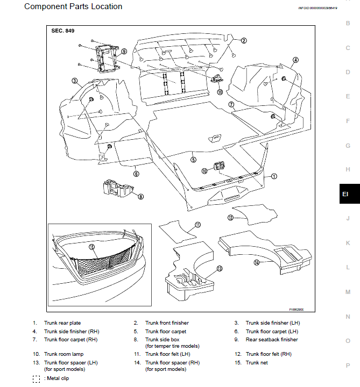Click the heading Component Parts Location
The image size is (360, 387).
(x=73, y=7)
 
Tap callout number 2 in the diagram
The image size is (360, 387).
(x=243, y=40)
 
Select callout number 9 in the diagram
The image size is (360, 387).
(x=124, y=52)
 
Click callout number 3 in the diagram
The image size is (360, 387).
(x=74, y=81)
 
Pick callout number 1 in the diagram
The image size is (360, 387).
(x=273, y=176)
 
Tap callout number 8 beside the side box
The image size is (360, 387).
(x=141, y=197)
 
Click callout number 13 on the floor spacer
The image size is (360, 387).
(x=219, y=268)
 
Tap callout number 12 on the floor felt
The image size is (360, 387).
(x=230, y=218)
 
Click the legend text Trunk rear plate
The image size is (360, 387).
(x=62, y=323)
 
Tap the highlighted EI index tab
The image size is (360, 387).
(x=347, y=195)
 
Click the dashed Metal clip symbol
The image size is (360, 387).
(x=36, y=378)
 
